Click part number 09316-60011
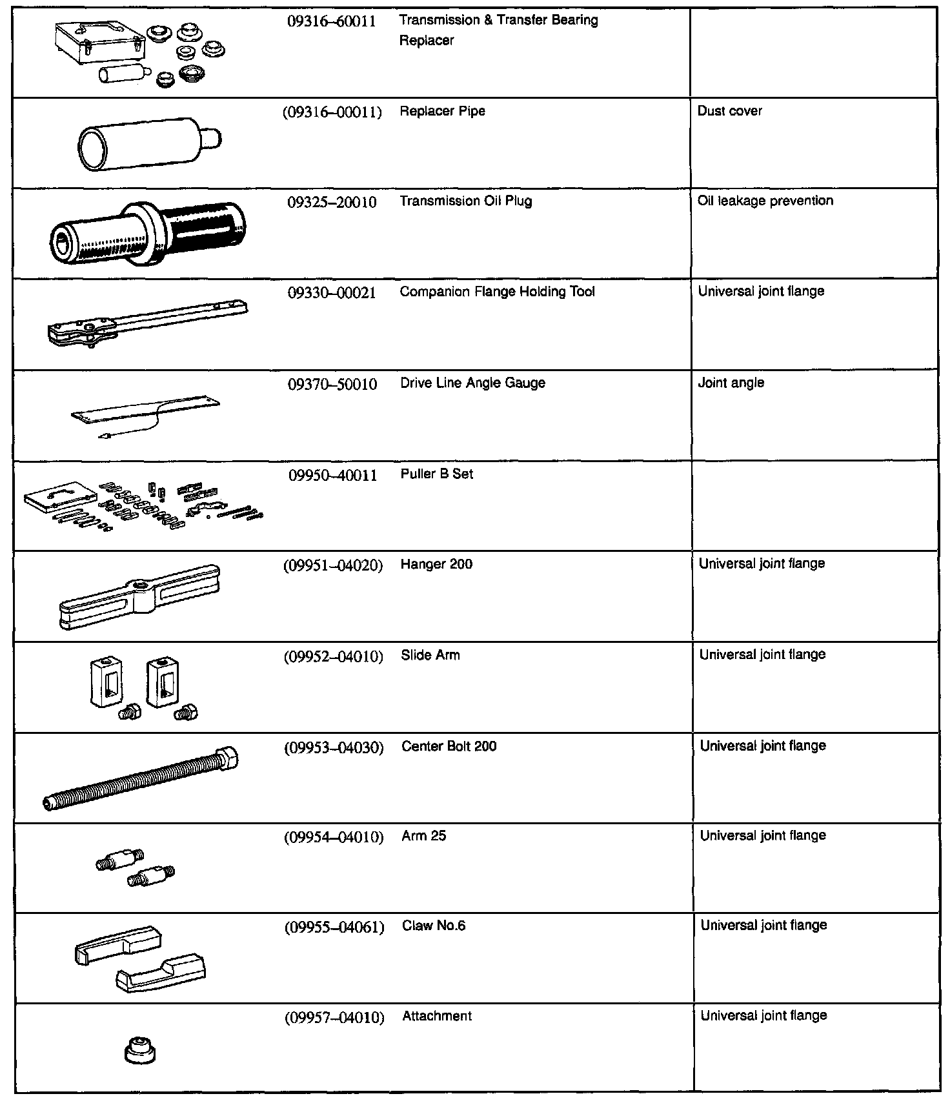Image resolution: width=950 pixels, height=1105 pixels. (x=331, y=21)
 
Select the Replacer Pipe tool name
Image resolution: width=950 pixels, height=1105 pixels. (x=442, y=111)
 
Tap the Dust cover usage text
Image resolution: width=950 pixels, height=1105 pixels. (x=729, y=111)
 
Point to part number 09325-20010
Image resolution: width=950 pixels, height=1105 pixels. (x=331, y=203)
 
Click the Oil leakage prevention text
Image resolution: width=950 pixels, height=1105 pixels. (x=765, y=201)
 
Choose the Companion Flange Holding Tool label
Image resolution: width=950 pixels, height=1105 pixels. (x=497, y=292)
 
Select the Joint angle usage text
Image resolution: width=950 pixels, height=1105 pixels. (x=731, y=383)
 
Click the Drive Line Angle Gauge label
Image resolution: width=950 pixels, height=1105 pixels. (x=472, y=383)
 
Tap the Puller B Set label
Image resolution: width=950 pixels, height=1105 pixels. (x=436, y=474)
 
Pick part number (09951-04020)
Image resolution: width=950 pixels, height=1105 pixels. (x=332, y=566)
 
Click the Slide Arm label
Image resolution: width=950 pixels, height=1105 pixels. (x=430, y=656)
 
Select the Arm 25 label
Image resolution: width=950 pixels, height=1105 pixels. (x=423, y=836)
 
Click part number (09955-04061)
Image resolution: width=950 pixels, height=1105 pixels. (x=334, y=928)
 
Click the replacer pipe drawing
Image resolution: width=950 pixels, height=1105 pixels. (x=149, y=143)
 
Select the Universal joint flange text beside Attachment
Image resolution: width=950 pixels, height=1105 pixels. (x=763, y=1016)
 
